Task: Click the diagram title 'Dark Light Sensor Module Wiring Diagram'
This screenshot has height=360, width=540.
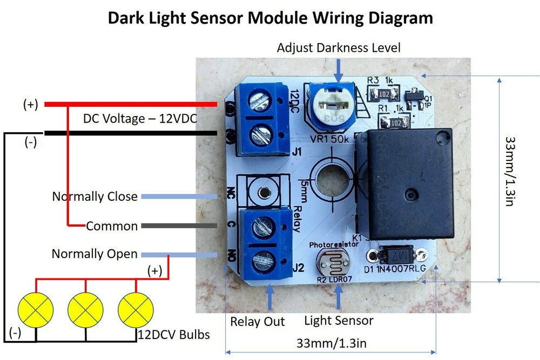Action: click(x=270, y=17)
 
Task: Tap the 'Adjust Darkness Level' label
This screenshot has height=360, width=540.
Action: click(x=339, y=47)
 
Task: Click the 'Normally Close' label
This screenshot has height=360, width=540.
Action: click(x=94, y=196)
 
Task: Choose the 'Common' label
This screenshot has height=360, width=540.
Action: click(x=112, y=226)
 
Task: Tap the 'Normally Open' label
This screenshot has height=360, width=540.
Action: click(x=94, y=254)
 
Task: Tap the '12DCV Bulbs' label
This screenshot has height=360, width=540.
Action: click(x=172, y=335)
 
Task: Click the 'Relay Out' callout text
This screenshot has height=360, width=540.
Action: click(x=258, y=322)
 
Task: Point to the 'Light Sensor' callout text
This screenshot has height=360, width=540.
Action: click(x=339, y=321)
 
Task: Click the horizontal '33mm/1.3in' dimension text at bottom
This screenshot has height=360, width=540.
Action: click(x=329, y=343)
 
